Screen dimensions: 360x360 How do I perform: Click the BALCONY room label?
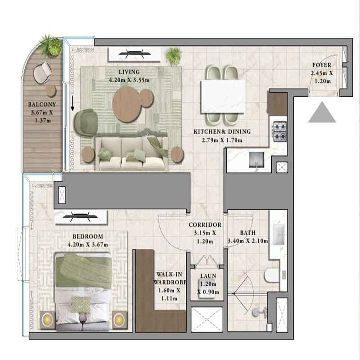click(42, 104)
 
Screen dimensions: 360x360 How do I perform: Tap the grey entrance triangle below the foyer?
click(322, 112)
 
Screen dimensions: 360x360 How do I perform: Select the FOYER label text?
click(322, 65)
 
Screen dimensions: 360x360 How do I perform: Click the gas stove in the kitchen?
click(280, 132)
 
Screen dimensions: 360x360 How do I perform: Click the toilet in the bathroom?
click(271, 275)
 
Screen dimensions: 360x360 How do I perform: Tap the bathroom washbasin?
click(279, 234)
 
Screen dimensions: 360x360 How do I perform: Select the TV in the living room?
click(135, 54)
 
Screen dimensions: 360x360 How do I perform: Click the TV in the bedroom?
click(80, 216)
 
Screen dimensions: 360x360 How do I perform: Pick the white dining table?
click(223, 96)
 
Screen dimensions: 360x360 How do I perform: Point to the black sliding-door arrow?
click(72, 103)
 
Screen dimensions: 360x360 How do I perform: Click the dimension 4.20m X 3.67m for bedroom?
click(88, 245)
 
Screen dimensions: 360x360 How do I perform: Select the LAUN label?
click(208, 276)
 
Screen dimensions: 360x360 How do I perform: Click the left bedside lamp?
click(48, 320)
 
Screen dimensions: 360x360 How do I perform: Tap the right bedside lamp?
click(119, 319)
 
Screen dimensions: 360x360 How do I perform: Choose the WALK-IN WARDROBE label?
click(170, 278)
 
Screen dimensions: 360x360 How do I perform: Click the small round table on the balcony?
click(51, 91)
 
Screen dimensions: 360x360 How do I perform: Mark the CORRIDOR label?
click(205, 225)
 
